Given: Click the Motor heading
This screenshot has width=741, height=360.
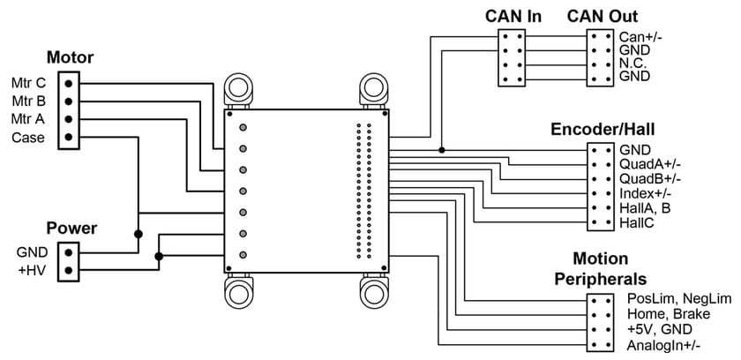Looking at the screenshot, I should tap(70, 59).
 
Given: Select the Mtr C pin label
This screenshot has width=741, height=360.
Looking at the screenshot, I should tap(28, 83).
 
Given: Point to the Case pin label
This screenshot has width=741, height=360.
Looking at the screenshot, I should tap(28, 138).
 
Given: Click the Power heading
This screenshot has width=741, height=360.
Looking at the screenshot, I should tap(71, 229).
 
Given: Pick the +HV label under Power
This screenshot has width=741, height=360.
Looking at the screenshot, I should tap(33, 270).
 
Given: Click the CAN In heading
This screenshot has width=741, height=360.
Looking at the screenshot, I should tap(513, 16).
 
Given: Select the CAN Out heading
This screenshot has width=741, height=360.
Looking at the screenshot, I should tap(602, 16).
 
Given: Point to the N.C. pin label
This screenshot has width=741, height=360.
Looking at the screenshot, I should tap(635, 64).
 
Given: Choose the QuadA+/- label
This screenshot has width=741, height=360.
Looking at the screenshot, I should tap(650, 164).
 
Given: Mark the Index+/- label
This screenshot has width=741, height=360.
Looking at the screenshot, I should tap(647, 193).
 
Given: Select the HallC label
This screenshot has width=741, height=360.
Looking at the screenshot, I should tap(637, 222).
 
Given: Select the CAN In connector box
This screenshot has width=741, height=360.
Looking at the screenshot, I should tap(513, 56).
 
